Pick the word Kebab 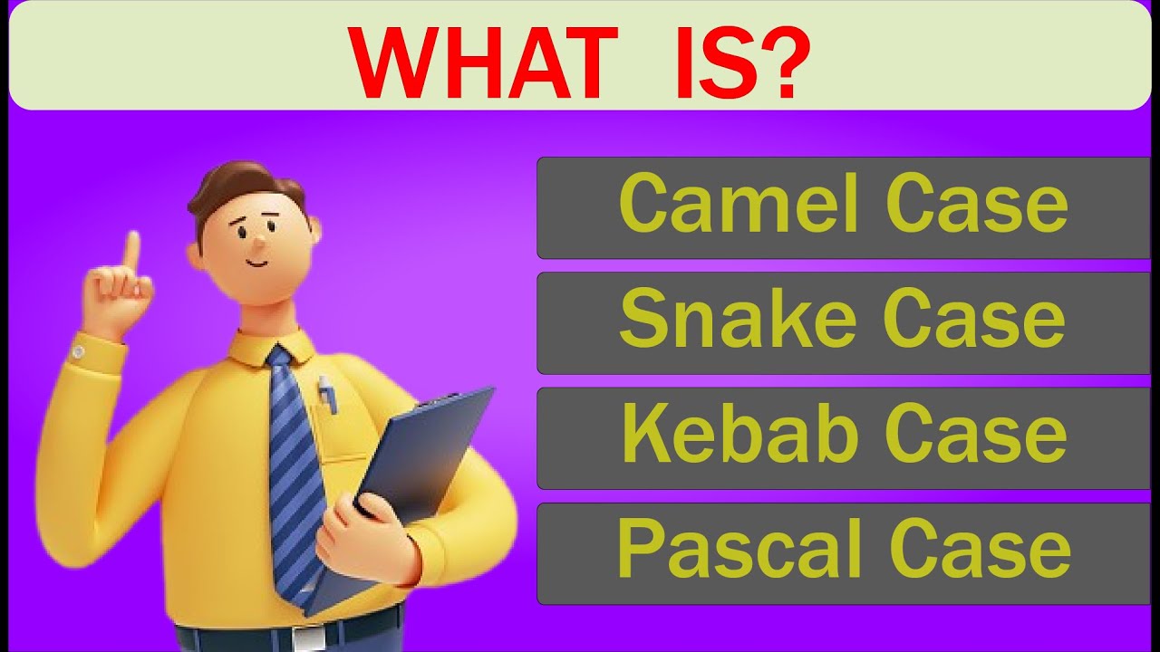[x=739, y=435]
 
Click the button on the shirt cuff [x=80, y=350]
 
